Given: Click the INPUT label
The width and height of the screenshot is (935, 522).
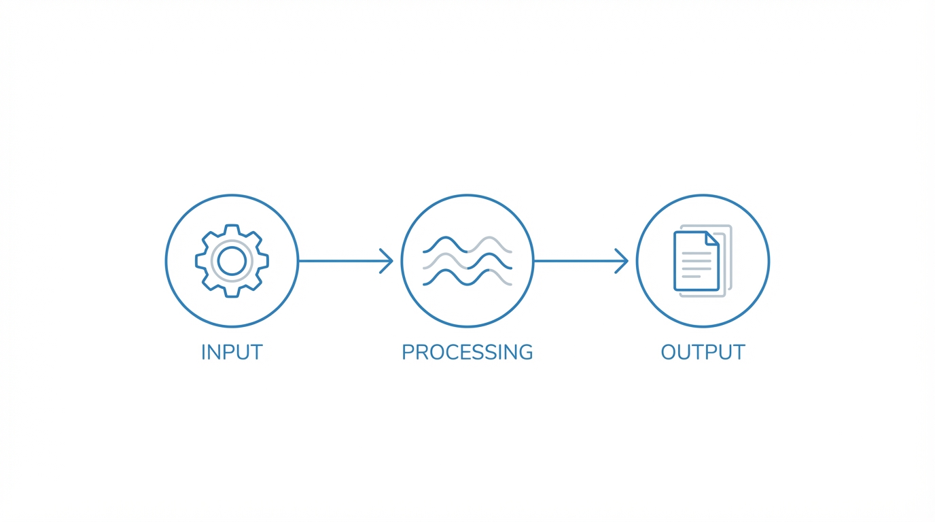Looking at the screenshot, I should tap(232, 352).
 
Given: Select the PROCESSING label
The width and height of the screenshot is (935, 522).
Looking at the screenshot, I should tap(467, 352).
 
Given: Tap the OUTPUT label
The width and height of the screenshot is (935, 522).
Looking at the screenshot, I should tap(703, 352).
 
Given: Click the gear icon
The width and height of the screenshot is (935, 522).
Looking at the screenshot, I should tap(232, 261).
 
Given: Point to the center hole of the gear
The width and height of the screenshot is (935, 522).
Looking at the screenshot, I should tap(232, 261).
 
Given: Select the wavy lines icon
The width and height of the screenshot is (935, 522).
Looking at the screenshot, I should tap(467, 261).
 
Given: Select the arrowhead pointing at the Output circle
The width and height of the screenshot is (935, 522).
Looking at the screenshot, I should tap(622, 261).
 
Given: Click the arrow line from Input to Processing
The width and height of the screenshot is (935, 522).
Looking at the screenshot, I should tap(340, 261).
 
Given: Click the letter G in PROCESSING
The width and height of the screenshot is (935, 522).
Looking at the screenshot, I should tap(524, 352).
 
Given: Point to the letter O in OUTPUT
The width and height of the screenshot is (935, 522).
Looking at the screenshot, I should tap(670, 352).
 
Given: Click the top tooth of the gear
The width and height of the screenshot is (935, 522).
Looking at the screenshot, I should tap(232, 229).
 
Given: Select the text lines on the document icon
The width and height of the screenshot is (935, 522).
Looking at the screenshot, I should tap(696, 265).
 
